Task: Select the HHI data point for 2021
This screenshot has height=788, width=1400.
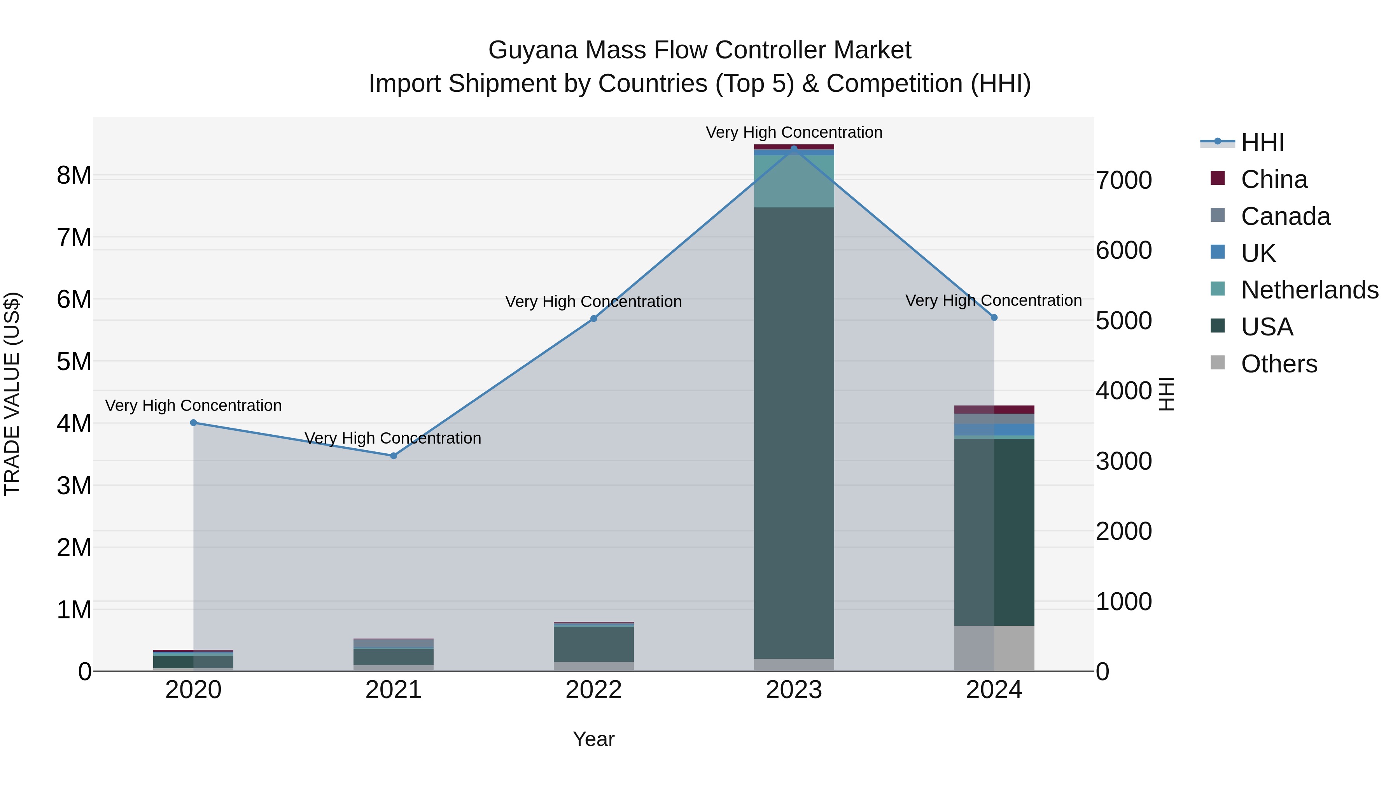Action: tap(394, 456)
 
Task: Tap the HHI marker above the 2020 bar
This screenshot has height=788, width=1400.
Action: tap(194, 423)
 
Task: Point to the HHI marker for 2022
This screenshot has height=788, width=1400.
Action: tap(593, 319)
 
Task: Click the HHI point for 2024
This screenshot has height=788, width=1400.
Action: tap(994, 318)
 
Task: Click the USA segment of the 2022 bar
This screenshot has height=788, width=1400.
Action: tap(593, 644)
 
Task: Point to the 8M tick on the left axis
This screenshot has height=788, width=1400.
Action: tap(74, 176)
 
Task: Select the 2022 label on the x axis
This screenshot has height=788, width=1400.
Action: tap(593, 690)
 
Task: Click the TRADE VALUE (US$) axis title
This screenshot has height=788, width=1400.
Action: tap(12, 394)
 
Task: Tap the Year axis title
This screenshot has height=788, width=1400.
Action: tap(593, 739)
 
